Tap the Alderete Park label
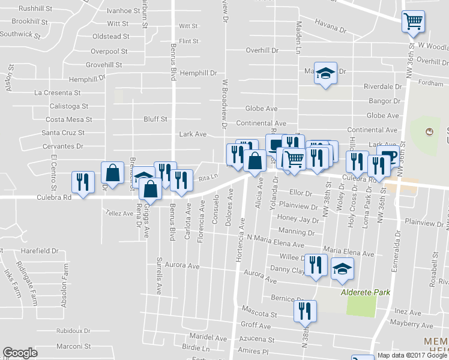point(366,293)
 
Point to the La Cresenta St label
point(58,93)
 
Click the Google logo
point(20,353)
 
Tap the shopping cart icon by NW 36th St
point(413,22)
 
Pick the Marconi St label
point(73,346)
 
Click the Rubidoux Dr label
point(73,331)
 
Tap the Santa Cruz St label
point(63,133)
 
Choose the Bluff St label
point(155,119)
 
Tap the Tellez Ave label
point(119,213)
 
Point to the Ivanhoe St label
point(122,11)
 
